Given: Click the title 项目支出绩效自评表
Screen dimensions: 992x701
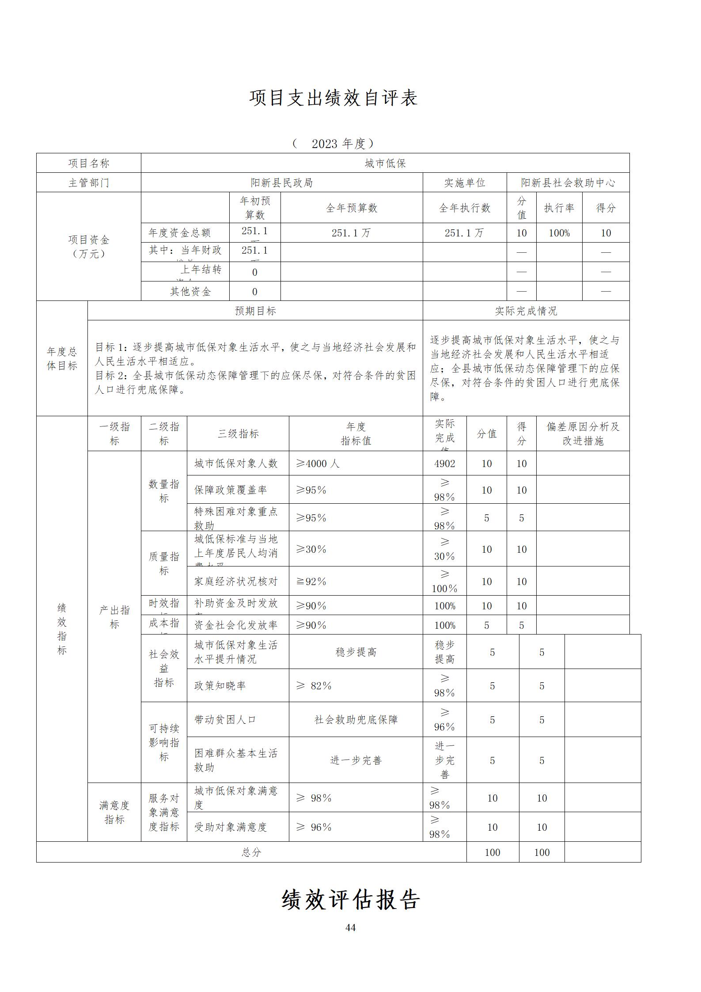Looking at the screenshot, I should coord(333,98).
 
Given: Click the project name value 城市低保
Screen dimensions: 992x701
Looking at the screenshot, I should coord(385,163).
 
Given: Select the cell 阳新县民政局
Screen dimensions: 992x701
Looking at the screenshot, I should coord(282,183).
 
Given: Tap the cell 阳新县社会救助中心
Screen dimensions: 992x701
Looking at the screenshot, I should coord(568,183).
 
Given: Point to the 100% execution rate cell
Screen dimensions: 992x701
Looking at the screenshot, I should coord(559,233).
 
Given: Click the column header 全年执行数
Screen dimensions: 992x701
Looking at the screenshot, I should coord(464,208).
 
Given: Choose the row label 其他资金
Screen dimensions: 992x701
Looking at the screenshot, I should coord(190,292).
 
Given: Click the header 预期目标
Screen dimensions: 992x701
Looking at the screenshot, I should coord(255,311).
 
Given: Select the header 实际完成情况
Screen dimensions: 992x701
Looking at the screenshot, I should coord(526,311).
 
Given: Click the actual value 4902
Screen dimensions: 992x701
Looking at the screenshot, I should coord(444,464).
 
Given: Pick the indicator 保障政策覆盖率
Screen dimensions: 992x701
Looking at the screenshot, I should coord(231,490).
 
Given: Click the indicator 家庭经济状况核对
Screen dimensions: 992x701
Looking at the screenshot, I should coord(236,582).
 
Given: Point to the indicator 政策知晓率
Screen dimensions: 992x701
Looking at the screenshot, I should coord(220,686).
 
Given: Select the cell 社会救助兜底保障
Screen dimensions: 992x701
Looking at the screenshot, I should coord(356,720).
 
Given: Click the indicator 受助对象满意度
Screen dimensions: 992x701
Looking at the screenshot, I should coord(231,827).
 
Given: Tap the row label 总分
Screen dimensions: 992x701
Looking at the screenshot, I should coord(251,852).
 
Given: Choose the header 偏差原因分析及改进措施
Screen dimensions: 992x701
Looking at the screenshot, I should coord(583,433).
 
